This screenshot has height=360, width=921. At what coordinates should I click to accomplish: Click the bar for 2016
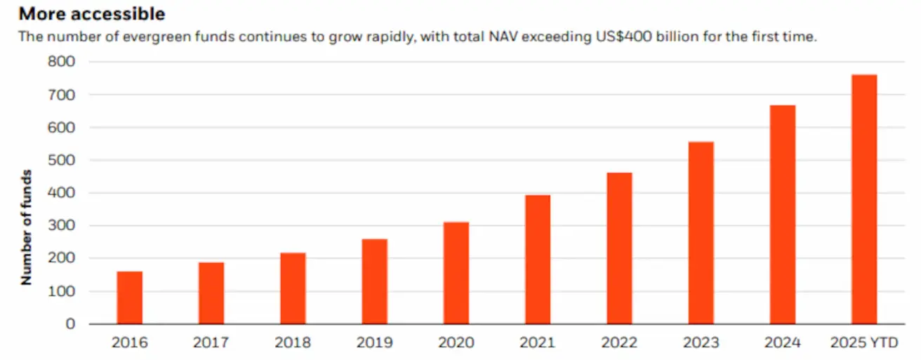(x=129, y=298)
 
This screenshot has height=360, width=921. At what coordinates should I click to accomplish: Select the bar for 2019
(x=374, y=281)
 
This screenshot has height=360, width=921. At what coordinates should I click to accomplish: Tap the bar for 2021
(x=538, y=259)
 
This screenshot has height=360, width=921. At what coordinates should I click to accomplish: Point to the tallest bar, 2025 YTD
(x=863, y=199)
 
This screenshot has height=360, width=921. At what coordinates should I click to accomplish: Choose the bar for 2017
(x=211, y=293)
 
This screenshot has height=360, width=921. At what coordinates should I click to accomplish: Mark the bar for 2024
(x=782, y=214)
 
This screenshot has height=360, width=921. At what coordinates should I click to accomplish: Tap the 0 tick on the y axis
(x=71, y=324)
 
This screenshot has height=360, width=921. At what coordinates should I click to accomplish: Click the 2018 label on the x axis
(x=293, y=343)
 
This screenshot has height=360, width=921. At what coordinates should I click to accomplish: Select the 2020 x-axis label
(x=456, y=343)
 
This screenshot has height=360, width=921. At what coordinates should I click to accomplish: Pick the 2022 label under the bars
(x=619, y=343)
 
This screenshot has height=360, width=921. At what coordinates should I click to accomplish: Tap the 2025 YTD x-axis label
(x=864, y=343)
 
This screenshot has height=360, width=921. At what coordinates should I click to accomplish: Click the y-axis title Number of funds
(x=27, y=226)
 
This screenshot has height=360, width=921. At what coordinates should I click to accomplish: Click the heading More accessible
(x=92, y=13)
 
